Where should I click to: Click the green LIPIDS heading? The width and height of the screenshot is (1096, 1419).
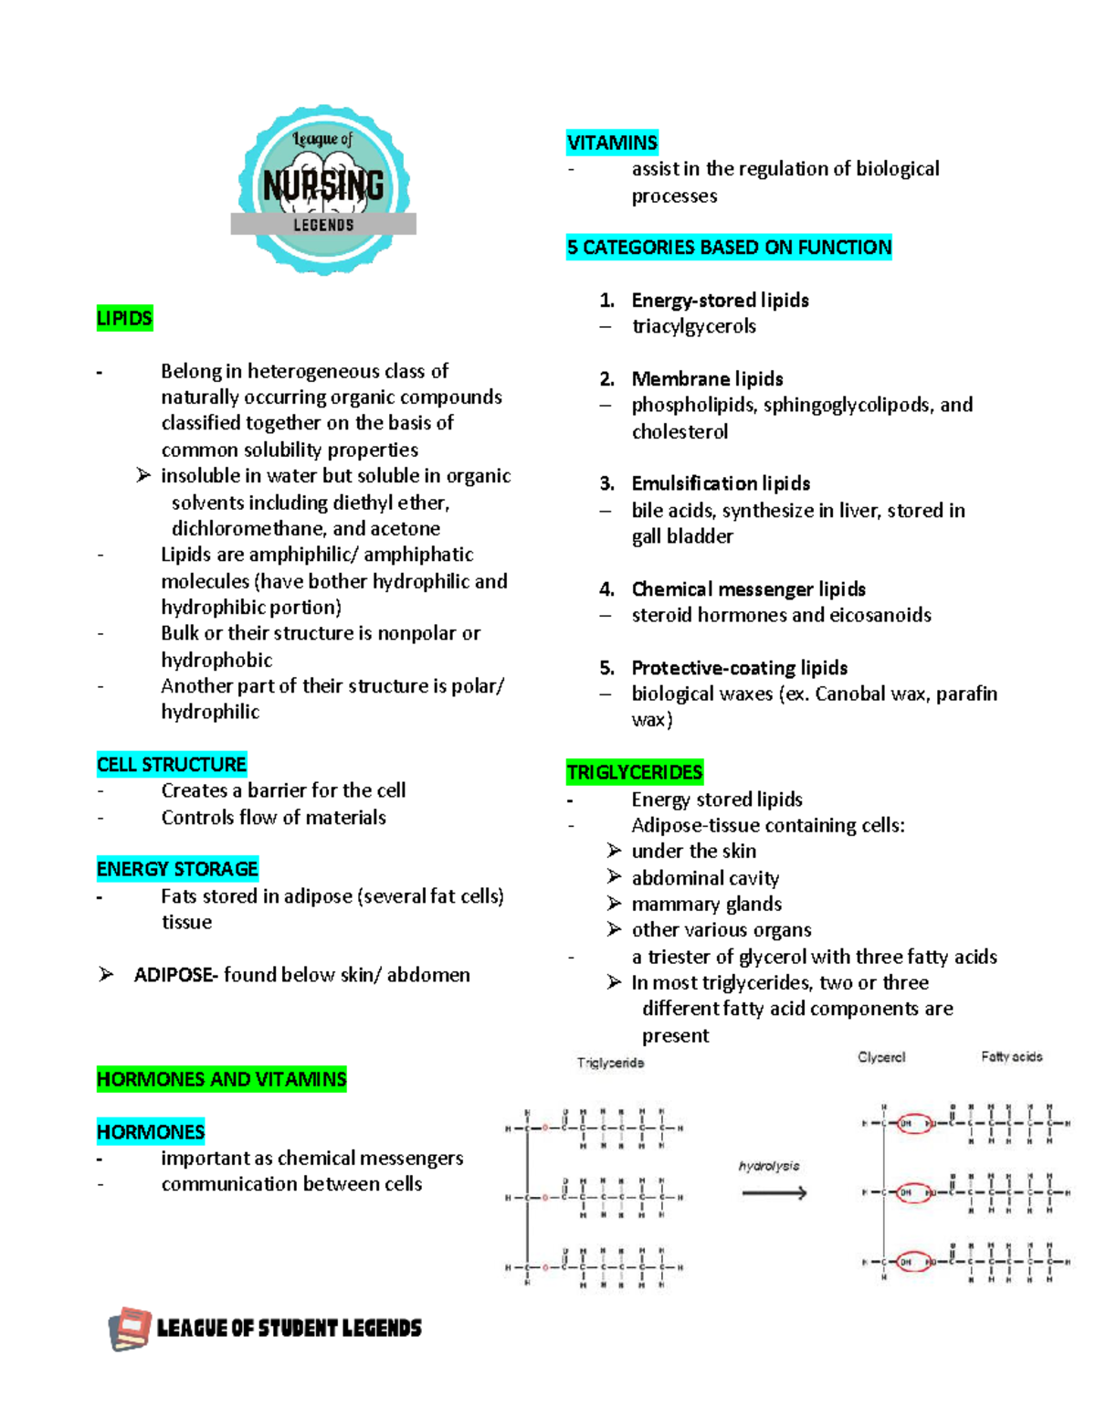point(124,319)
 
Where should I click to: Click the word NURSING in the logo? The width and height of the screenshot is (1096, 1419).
point(323,185)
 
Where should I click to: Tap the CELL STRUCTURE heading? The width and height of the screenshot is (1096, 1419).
point(172,764)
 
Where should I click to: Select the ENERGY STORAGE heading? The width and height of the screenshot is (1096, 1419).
point(177,869)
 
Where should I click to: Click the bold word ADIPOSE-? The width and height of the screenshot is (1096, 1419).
point(175,975)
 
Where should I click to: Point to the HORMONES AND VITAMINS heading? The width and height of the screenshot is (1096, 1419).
point(221,1079)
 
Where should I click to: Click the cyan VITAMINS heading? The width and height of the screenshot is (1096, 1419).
point(612,143)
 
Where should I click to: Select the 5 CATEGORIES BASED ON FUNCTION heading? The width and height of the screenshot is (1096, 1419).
point(729,248)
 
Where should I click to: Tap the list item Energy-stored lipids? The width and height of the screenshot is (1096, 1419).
point(720,301)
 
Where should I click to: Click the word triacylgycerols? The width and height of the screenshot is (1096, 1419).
point(694,326)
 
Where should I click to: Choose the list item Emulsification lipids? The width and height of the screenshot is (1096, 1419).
point(721,483)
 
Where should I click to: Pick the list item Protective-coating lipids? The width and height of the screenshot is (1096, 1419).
point(739,668)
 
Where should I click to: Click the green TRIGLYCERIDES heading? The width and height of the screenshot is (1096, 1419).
point(635,773)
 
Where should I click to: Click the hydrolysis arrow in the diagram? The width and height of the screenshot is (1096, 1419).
point(774,1192)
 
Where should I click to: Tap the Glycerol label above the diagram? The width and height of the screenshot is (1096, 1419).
point(881,1057)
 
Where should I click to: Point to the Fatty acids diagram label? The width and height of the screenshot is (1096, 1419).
point(1011,1057)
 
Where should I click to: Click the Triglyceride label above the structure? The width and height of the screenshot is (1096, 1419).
point(610,1063)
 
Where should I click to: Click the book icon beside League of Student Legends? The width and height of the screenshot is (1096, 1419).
point(130,1329)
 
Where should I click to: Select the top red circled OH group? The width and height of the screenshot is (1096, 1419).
point(913,1123)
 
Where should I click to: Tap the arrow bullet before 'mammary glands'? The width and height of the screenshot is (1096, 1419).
point(615,903)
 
